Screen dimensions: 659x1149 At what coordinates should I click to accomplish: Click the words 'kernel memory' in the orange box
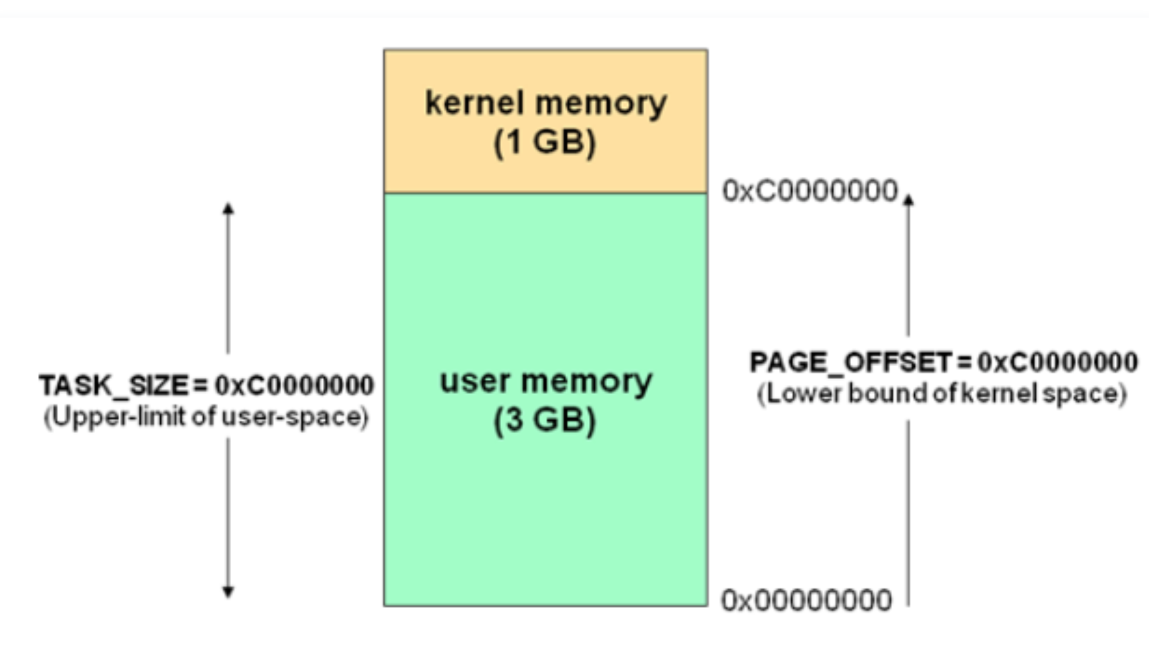coord(546,103)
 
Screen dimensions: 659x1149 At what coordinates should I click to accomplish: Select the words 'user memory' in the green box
coord(546,382)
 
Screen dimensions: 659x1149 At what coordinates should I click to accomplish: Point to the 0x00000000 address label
coord(806,601)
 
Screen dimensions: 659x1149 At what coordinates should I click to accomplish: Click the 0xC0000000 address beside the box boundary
coord(810,190)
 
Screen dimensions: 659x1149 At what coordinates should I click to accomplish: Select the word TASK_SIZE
coord(114,385)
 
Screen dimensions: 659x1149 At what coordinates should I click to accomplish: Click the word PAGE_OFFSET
coord(851,362)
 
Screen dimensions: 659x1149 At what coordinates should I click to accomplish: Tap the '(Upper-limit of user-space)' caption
coord(206,417)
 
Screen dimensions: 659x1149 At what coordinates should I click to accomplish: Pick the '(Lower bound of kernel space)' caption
coord(941,394)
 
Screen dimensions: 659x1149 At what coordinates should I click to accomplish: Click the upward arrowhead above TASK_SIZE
coord(228,208)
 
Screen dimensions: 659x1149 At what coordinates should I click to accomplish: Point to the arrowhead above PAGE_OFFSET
coord(908,199)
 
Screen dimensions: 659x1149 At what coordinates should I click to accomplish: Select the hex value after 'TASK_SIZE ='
coord(294,385)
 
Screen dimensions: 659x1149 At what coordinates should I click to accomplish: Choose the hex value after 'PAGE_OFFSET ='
coord(1057,362)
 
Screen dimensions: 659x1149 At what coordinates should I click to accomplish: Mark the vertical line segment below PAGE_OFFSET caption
coord(908,512)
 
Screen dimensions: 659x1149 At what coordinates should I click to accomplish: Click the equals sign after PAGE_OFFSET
coord(963,362)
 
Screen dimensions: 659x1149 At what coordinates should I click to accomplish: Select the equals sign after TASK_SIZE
coord(201,385)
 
